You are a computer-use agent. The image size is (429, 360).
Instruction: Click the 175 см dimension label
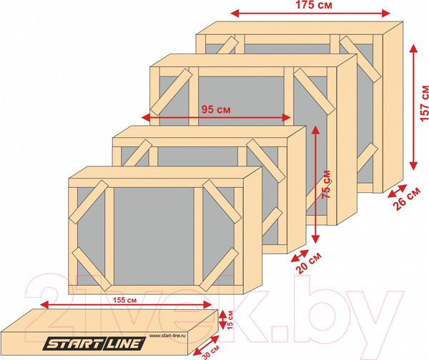tap(314, 5)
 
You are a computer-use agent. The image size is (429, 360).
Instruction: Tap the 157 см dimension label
tap(424, 104)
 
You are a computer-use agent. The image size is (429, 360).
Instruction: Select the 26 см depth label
tap(407, 199)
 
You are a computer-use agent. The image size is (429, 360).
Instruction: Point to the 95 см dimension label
tap(216, 109)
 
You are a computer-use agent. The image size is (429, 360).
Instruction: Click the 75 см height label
tap(326, 184)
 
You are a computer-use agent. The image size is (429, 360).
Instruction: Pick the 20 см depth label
tap(308, 263)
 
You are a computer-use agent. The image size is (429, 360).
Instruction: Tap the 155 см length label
tap(124, 300)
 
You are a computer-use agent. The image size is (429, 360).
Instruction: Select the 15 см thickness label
tap(230, 320)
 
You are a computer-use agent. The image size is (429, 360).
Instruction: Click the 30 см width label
tap(211, 352)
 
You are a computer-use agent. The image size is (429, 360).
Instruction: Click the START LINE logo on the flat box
tap(94, 344)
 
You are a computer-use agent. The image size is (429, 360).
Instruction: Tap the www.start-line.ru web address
tap(167, 336)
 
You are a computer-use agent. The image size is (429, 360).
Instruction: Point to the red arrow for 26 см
tap(397, 191)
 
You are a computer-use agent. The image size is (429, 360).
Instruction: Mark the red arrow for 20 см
tap(300, 256)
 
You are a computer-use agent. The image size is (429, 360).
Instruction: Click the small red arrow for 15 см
tap(222, 319)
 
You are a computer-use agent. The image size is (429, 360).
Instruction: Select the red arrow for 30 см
tap(206, 346)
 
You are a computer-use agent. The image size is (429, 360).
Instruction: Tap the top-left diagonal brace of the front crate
tap(88, 201)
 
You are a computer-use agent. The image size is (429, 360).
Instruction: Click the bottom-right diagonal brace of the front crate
tap(219, 269)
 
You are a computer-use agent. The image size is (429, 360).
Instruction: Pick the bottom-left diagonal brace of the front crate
tap(92, 269)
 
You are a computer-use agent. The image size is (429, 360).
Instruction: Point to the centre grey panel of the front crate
tap(154, 236)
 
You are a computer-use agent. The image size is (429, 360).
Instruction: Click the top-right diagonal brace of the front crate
tap(222, 201)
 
